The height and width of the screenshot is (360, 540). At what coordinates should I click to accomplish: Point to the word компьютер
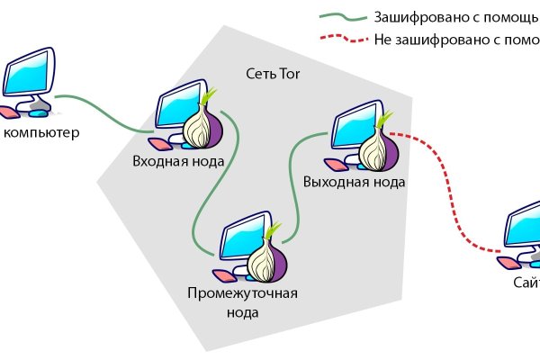pyautogui.click(x=42, y=134)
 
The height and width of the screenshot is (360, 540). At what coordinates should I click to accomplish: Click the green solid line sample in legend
pyautogui.click(x=341, y=17)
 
